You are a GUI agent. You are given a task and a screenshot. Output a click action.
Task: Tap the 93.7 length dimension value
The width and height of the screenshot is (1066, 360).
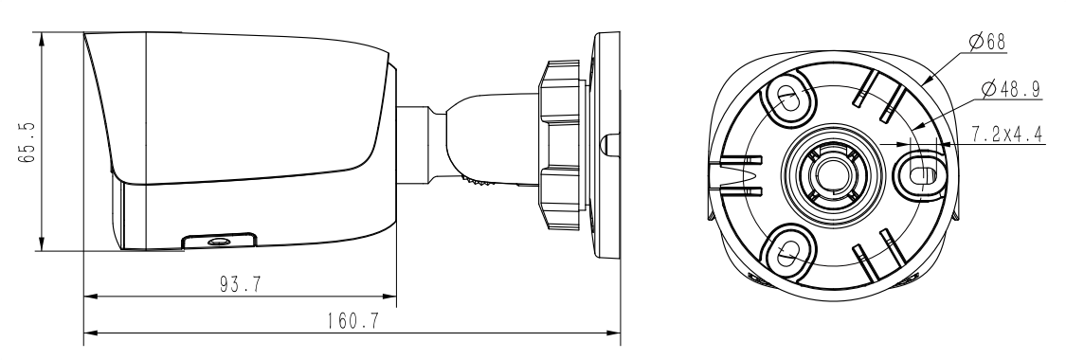pos(241,284)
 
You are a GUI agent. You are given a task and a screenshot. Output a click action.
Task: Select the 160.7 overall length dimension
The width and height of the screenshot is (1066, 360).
pos(352,320)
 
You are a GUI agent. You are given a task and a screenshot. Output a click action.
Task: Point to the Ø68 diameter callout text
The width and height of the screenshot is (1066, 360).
pos(986,42)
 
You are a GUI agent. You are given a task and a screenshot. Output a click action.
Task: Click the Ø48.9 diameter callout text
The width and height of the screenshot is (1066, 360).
pos(1012,89)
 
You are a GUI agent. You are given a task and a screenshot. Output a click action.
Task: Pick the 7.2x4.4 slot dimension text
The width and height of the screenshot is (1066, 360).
pos(1007,135)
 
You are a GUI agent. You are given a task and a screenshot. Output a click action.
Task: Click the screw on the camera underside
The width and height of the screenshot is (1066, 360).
pos(219,242)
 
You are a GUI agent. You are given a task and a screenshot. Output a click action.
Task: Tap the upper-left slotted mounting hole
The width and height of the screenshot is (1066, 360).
pos(788,99)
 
